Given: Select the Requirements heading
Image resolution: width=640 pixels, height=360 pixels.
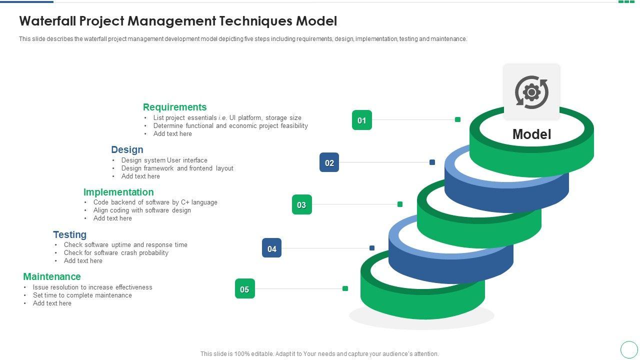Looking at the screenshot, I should point(174,107).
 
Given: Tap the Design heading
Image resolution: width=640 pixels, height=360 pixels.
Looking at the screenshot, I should point(127,149).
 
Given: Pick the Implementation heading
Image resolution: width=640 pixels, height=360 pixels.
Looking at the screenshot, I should point(118,192).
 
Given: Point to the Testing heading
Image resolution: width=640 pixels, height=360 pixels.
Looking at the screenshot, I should point(69,234).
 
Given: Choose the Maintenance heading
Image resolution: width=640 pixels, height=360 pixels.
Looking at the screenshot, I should point(51,276).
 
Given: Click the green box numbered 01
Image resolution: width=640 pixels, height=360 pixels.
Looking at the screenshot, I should point(362,120).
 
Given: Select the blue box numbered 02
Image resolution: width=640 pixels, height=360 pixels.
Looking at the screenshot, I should point(329,162).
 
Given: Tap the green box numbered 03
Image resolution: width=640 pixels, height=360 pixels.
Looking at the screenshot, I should point(301,204).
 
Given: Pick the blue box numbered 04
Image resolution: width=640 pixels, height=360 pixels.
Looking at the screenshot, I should point(271,248).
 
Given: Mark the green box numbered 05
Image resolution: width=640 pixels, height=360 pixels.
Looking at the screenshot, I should point(244,289).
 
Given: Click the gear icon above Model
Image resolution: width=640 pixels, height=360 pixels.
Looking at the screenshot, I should point(531,92).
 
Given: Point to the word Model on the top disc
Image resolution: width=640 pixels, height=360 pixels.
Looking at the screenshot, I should point(531,134).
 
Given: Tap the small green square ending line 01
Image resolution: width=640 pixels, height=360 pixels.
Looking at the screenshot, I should point(457,119).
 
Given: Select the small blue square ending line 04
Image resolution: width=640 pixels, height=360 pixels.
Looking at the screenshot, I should point(372,248).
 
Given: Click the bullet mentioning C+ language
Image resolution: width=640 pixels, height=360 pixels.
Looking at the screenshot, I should point(155,202).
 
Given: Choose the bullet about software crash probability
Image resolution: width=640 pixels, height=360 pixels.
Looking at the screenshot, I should point(116,253).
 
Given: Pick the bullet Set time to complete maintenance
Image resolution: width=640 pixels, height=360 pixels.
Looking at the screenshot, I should point(82,295).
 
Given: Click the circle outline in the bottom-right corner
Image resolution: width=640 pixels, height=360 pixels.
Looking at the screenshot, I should point(629,349).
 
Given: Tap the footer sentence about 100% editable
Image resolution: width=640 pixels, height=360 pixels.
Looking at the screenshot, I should point(319,354).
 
